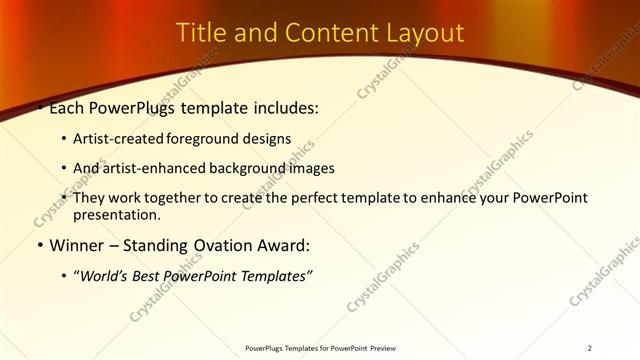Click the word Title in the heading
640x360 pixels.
(x=201, y=33)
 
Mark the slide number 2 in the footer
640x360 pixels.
(x=589, y=348)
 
